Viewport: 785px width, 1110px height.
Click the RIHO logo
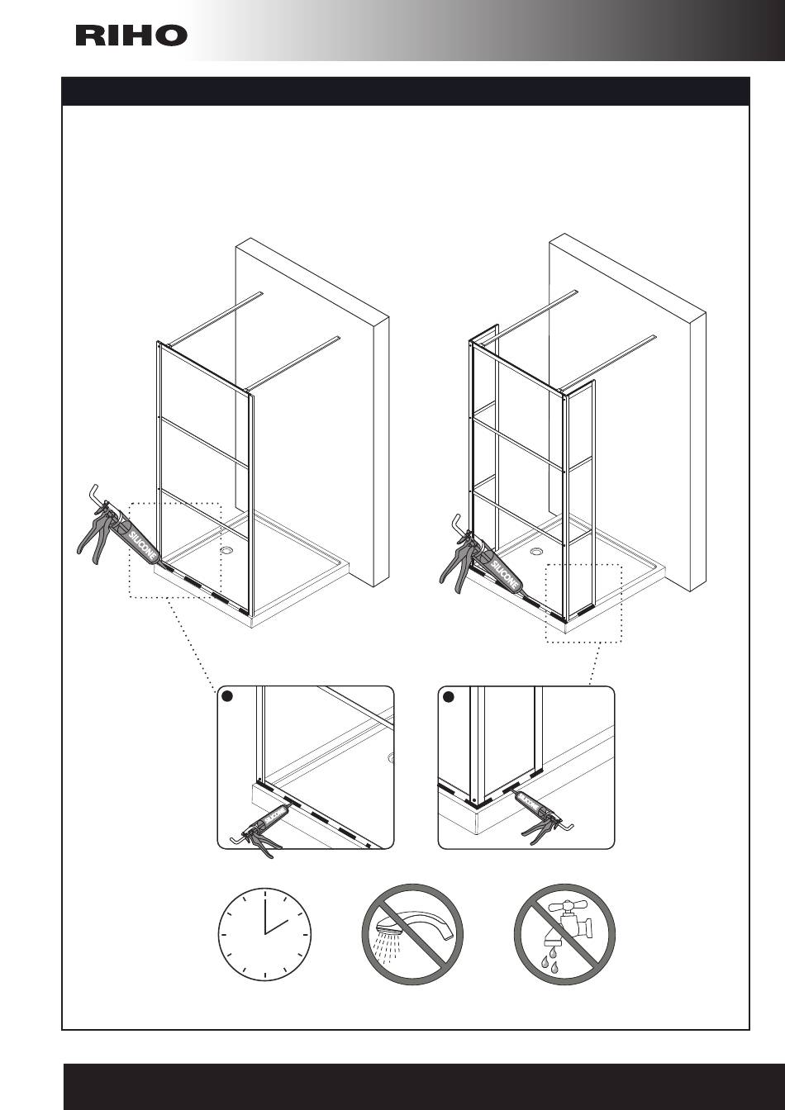click(x=131, y=36)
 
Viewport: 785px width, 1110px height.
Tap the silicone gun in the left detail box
click(x=261, y=826)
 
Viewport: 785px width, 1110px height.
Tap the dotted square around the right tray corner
click(x=583, y=603)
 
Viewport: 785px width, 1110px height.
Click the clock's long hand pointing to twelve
click(x=264, y=912)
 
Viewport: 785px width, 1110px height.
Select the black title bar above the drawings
click(x=406, y=91)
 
